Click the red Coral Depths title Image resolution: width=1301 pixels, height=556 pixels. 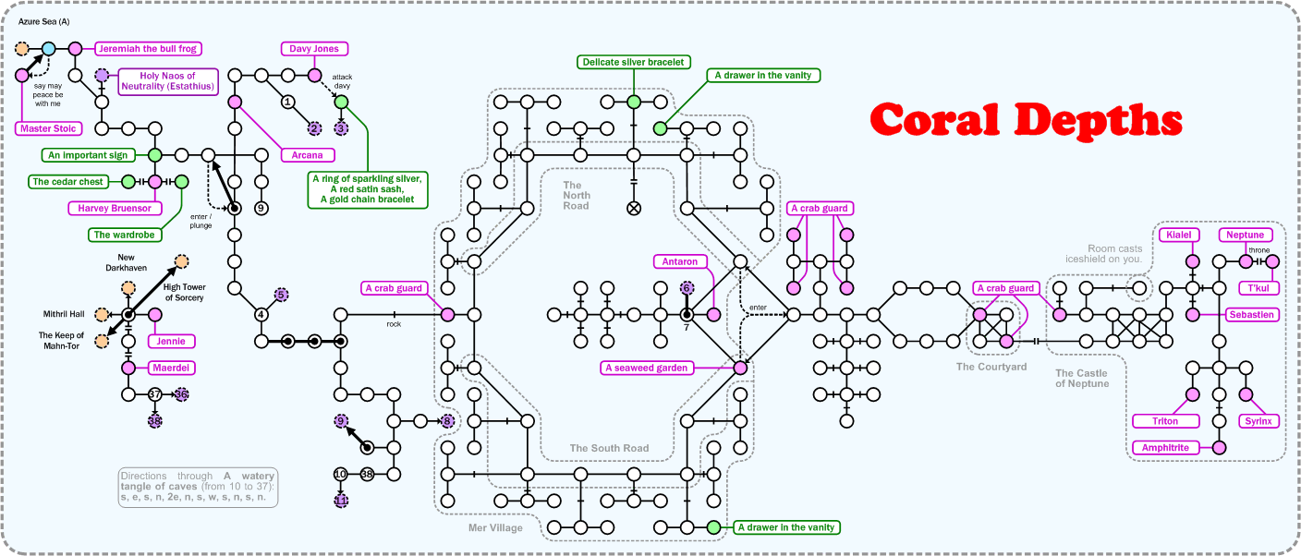click(1026, 120)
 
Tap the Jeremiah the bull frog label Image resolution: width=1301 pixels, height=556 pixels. click(148, 48)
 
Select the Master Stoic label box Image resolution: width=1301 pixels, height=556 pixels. click(48, 128)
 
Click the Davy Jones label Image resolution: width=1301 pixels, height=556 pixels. click(314, 48)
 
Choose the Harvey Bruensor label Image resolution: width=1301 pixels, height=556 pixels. click(115, 208)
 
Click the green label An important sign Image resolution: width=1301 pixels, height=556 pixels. click(84, 155)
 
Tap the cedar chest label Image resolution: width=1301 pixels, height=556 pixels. click(67, 182)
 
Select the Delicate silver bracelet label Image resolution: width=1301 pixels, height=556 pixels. click(633, 62)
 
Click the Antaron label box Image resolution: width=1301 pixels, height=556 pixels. click(680, 261)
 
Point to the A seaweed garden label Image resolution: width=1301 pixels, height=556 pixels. click(647, 368)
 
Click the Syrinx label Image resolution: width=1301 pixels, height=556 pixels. click(1258, 421)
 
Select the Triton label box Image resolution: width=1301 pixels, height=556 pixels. click(1166, 421)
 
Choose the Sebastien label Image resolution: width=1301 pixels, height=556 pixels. click(1252, 315)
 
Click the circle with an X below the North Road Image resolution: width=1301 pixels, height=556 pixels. click(633, 209)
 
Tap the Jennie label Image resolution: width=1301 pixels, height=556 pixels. click(171, 342)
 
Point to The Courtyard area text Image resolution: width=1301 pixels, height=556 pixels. click(991, 367)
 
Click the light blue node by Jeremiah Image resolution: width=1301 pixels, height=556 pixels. click(48, 48)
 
